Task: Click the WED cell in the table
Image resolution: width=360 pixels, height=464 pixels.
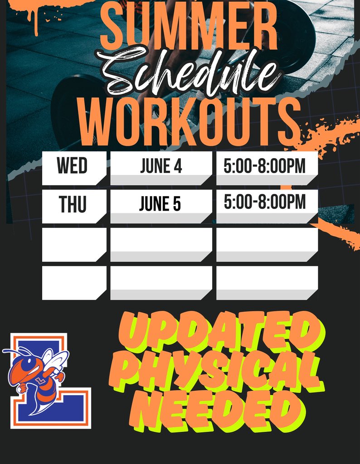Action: click(x=73, y=166)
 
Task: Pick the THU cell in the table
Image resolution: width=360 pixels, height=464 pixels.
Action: click(x=73, y=205)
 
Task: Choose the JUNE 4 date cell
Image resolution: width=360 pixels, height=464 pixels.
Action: click(x=161, y=166)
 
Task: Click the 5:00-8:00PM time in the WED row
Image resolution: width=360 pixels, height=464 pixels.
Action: click(x=265, y=166)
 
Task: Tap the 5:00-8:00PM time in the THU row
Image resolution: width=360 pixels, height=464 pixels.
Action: click(x=265, y=203)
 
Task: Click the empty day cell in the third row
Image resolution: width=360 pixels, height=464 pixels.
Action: click(x=73, y=244)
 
